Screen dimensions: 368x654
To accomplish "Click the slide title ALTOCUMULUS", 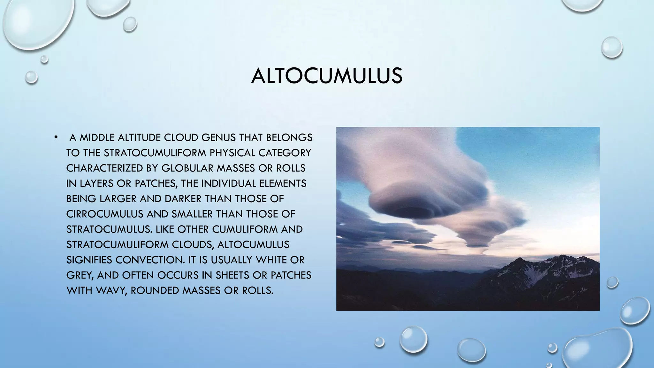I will pos(327,76).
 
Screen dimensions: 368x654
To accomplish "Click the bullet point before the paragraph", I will pos(56,137).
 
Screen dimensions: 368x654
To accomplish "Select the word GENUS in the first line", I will pos(218,138).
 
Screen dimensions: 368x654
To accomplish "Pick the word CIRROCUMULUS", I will pos(105,214).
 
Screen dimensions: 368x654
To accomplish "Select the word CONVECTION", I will pos(150,260).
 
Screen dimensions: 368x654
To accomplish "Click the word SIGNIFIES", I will pos(89,260).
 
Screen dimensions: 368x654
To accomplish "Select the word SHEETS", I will pos(232,275).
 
